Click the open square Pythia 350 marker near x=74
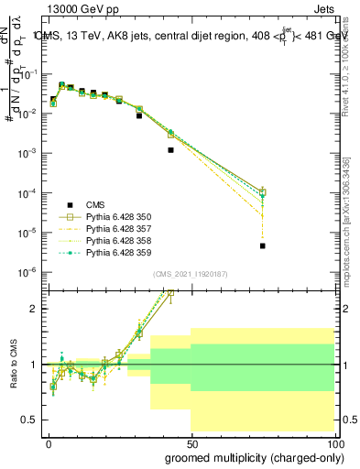pos(262,191)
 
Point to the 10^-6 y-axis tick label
pos(29,272)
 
